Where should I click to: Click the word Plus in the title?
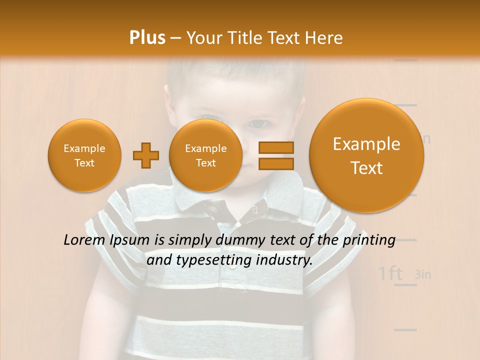(x=147, y=38)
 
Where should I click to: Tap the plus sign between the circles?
(x=145, y=155)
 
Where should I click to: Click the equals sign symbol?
(x=276, y=155)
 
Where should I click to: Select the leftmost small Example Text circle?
(x=84, y=155)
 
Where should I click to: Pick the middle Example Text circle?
(x=206, y=155)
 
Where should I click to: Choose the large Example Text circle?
(x=366, y=155)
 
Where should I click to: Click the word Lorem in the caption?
(x=84, y=240)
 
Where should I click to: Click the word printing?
(x=368, y=240)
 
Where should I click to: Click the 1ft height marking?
(x=390, y=273)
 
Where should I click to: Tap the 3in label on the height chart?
(x=423, y=274)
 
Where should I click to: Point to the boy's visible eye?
(x=258, y=123)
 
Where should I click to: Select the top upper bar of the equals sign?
(x=276, y=148)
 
